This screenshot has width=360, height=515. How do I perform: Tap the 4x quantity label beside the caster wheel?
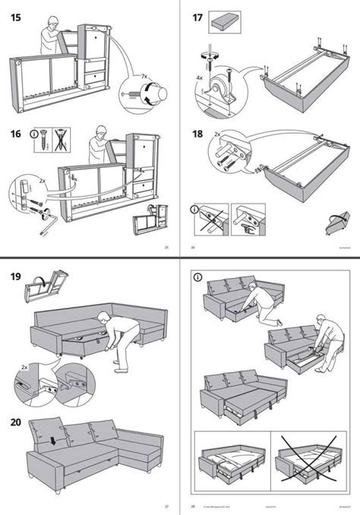[x=201, y=76]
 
